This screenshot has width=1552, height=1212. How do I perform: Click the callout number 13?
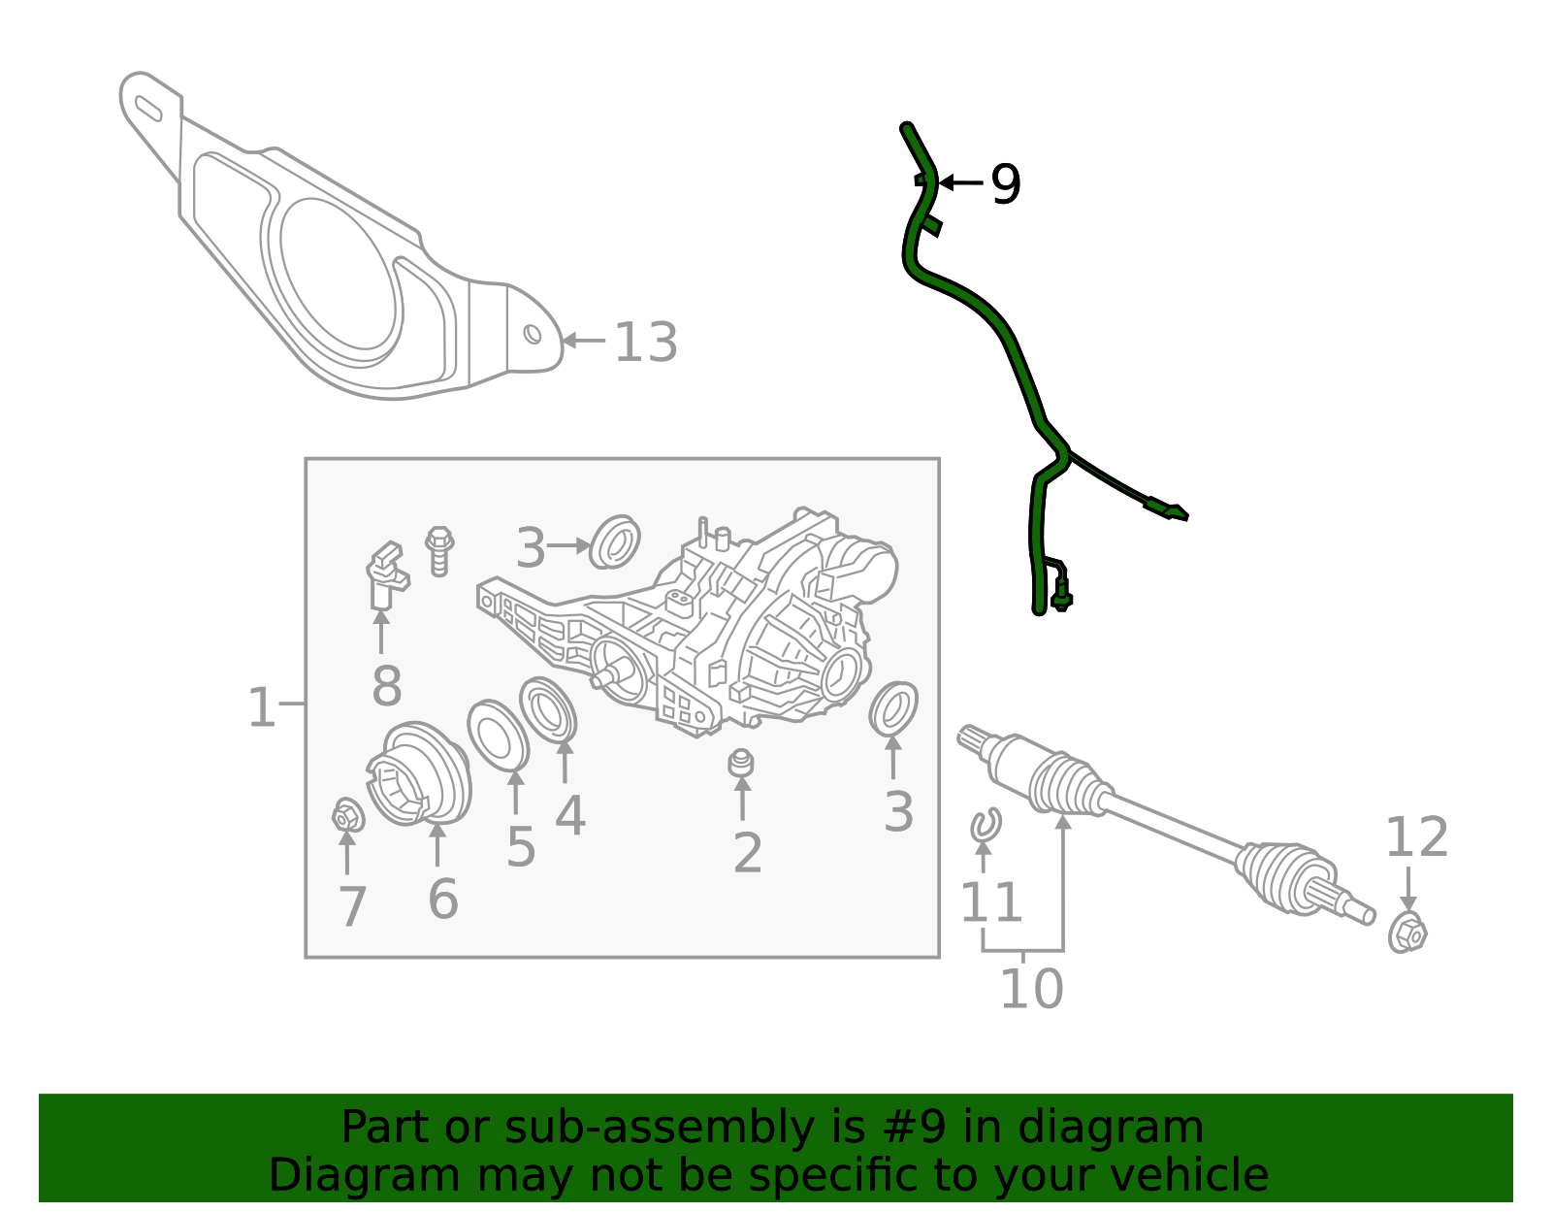tap(646, 343)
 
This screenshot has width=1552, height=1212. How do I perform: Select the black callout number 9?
tap(1006, 184)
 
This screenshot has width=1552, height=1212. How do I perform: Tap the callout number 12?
tap(1417, 836)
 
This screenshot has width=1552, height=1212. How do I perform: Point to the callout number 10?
tap(1032, 989)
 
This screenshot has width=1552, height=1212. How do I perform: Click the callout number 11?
tap(990, 901)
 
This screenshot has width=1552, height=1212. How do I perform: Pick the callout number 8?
tap(386, 686)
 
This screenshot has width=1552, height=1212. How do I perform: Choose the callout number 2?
tap(748, 853)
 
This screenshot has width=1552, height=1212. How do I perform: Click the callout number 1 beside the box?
tap(261, 707)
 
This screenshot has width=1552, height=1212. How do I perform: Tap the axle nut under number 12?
tap(1407, 932)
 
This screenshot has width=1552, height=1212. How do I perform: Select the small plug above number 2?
tap(741, 763)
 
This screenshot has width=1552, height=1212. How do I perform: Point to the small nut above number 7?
tap(348, 815)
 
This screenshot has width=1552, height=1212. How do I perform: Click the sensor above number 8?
tap(386, 574)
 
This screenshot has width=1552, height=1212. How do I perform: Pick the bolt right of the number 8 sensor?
tap(439, 550)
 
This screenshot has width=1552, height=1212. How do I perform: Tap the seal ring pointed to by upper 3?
tap(614, 541)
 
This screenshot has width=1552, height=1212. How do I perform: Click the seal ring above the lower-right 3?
tap(893, 707)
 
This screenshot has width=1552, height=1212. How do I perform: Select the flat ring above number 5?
tap(498, 736)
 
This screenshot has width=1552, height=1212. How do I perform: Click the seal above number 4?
tap(548, 710)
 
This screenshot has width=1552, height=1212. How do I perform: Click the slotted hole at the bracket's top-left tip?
tap(148, 109)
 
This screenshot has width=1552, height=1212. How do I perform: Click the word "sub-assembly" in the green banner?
tap(660, 1127)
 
